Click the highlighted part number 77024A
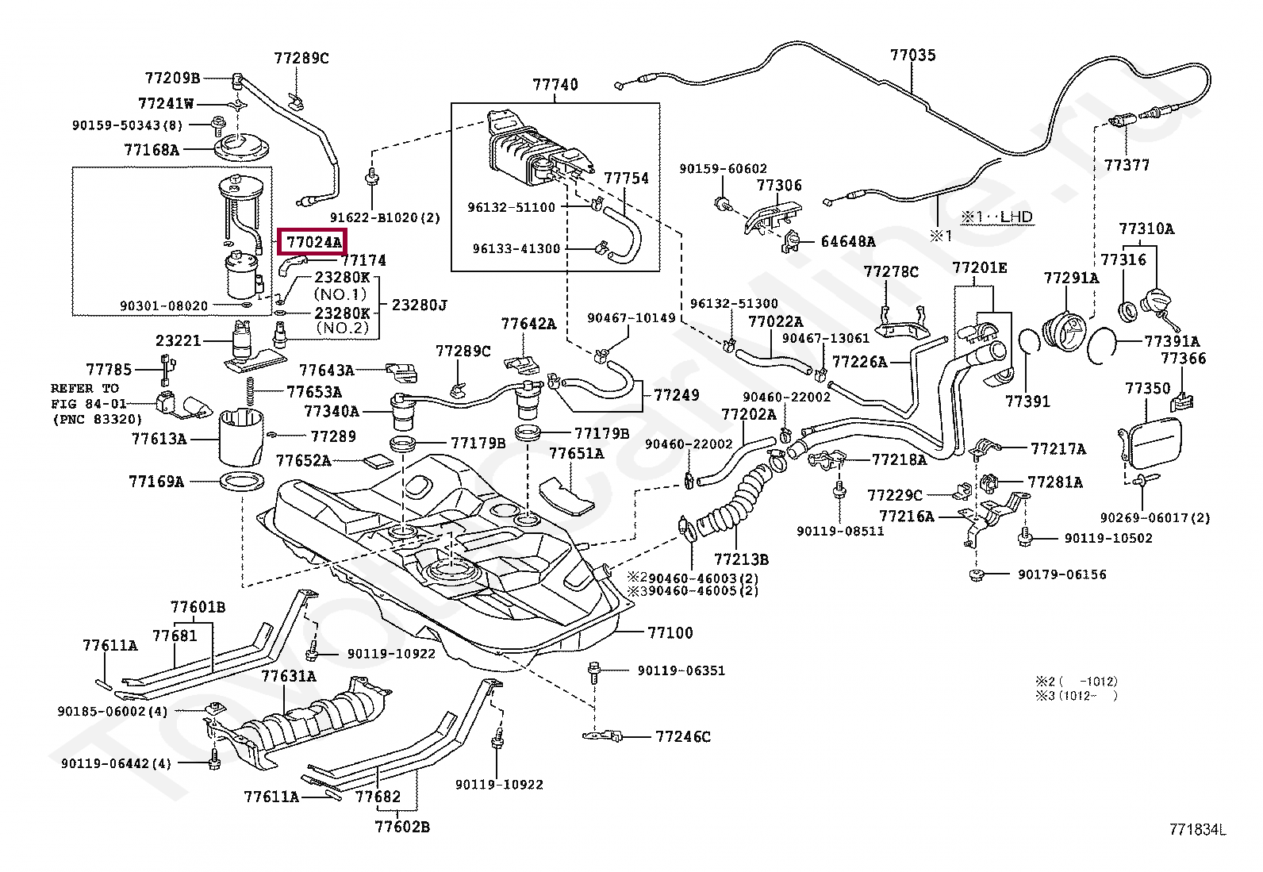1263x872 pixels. click(313, 241)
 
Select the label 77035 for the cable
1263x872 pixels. click(912, 55)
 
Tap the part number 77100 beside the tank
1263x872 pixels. click(670, 632)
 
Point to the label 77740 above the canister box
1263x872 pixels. click(555, 84)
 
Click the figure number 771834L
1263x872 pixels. click(1197, 830)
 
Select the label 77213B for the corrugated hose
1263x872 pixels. click(741, 559)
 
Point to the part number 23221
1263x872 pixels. click(179, 340)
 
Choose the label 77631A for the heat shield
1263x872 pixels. click(289, 676)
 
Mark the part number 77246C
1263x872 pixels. click(682, 736)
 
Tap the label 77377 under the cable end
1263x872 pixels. click(1127, 165)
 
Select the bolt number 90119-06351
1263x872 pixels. click(681, 670)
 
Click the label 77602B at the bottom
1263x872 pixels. click(402, 827)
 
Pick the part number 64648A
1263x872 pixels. click(847, 241)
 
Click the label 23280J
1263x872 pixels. click(419, 305)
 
